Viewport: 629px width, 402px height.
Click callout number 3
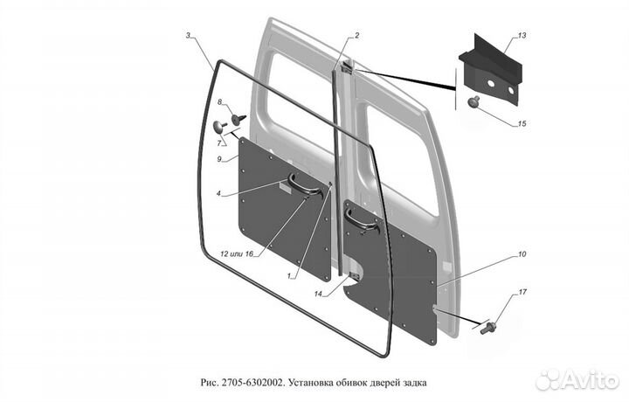click(x=188, y=36)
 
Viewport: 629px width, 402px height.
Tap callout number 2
click(x=356, y=36)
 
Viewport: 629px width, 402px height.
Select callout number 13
click(x=522, y=36)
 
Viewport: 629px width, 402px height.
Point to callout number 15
click(x=522, y=123)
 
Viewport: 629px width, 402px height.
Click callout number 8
click(x=219, y=102)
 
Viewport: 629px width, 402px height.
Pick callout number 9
click(x=219, y=159)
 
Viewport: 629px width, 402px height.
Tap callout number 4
click(x=218, y=193)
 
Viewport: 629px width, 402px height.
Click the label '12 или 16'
click(x=237, y=254)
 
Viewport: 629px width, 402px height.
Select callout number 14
click(x=318, y=295)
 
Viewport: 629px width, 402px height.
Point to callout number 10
click(x=522, y=254)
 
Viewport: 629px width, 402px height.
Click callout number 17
click(x=522, y=292)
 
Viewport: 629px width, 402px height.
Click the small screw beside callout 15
click(x=473, y=101)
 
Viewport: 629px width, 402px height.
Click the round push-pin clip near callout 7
click(x=219, y=127)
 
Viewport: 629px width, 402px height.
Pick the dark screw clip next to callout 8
click(x=238, y=119)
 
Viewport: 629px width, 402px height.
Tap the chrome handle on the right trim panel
click(x=361, y=222)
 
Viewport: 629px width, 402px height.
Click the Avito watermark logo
click(x=577, y=379)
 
